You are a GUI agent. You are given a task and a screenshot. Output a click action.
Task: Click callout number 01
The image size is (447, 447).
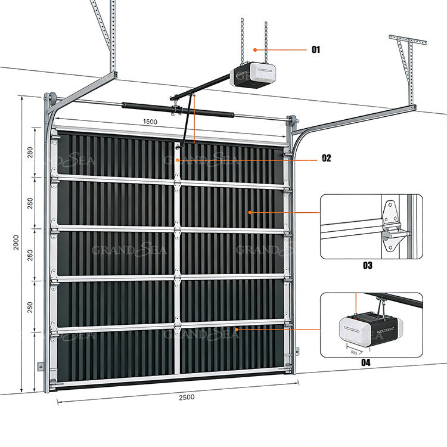click(315, 49)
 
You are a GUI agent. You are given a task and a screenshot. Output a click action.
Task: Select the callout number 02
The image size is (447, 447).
click(326, 158)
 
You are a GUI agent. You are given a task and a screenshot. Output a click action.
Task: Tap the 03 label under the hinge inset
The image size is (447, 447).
click(367, 265)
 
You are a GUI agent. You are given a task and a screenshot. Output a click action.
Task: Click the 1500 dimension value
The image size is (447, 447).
click(150, 122)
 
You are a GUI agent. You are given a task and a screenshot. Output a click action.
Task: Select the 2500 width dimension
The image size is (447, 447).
click(185, 396)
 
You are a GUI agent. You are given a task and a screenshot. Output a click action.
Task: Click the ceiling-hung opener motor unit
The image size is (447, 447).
click(255, 76)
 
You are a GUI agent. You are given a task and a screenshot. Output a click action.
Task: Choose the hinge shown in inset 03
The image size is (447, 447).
click(392, 226)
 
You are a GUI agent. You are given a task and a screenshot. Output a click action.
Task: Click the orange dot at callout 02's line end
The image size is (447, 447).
click(178, 160)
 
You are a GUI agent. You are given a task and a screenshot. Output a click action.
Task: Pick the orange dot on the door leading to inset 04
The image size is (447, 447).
click(237, 329)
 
